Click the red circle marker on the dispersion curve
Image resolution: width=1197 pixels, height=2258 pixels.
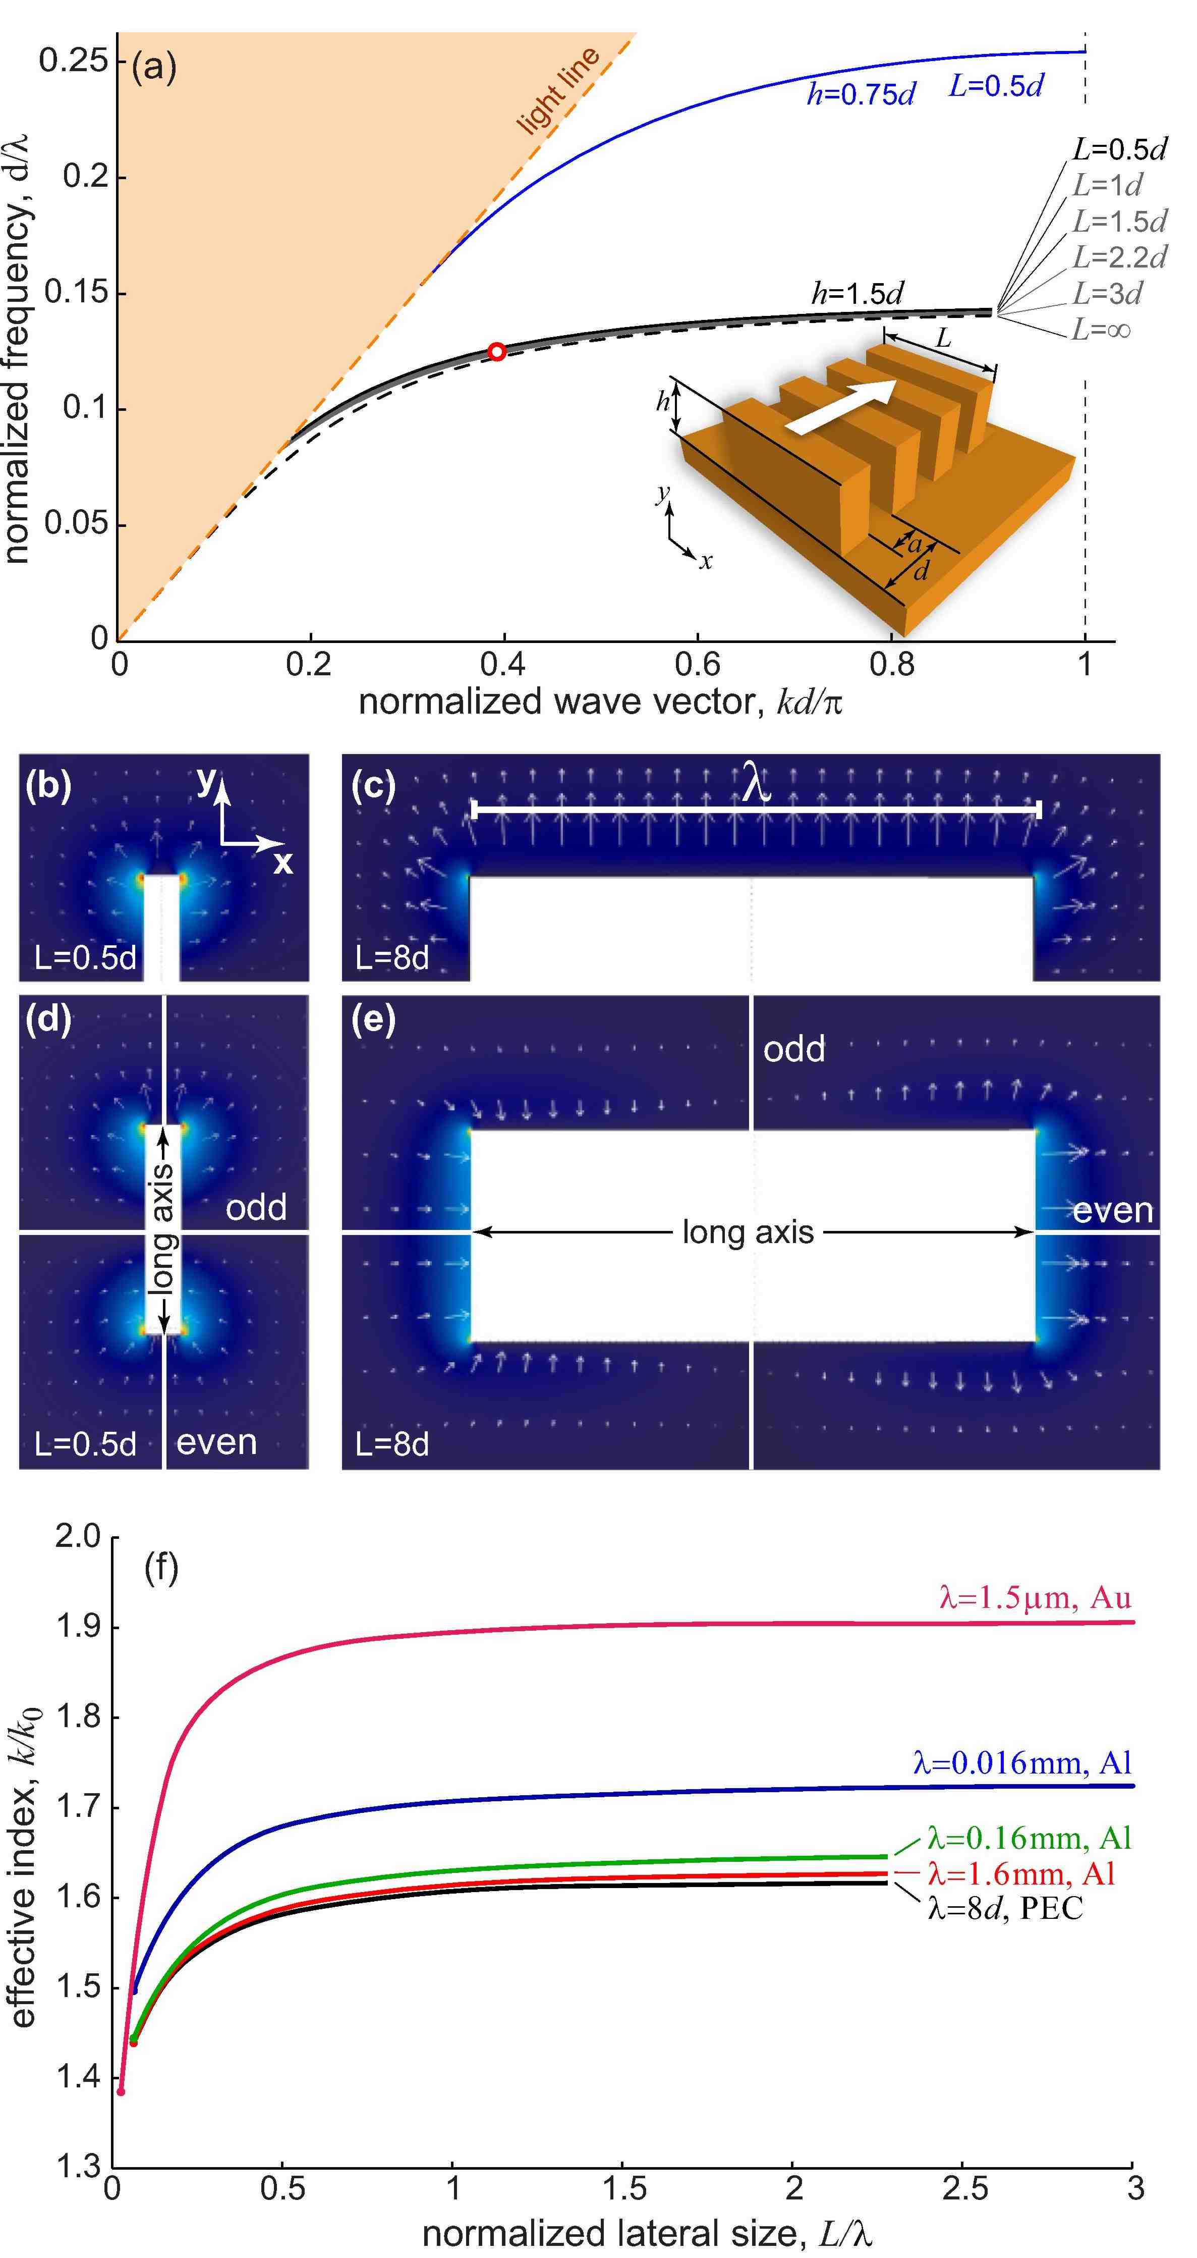pyautogui.click(x=497, y=351)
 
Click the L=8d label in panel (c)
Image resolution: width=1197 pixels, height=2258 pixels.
pyautogui.click(x=392, y=957)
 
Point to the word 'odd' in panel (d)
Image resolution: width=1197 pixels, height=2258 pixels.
pyautogui.click(x=256, y=1207)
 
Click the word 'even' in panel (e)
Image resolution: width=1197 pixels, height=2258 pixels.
pyautogui.click(x=1113, y=1211)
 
